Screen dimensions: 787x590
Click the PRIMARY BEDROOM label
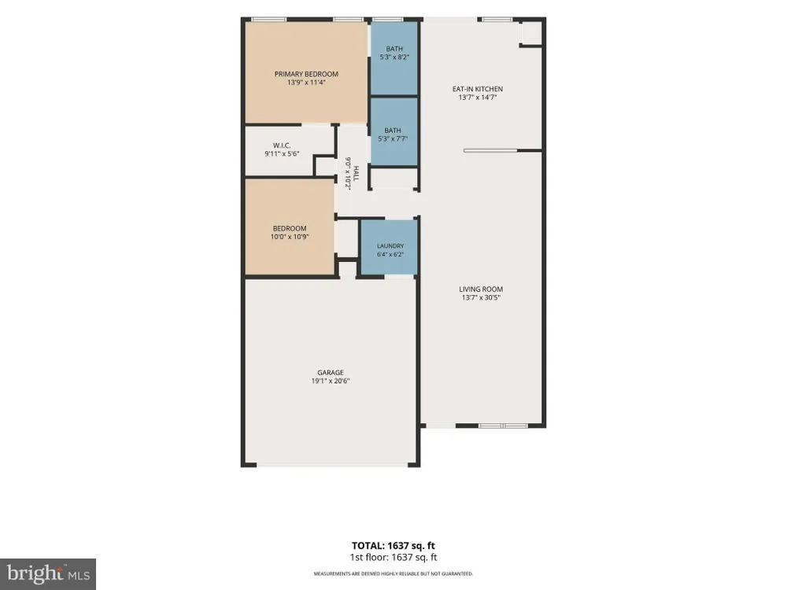coord(306,74)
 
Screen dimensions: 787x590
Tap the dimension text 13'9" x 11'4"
coord(306,83)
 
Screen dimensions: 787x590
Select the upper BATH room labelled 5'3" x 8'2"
coord(394,58)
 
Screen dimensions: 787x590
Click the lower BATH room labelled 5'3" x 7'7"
coord(394,131)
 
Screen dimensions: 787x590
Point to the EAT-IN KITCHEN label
coord(478,90)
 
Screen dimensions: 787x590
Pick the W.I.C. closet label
coord(282,146)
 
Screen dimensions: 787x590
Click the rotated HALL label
coord(356,174)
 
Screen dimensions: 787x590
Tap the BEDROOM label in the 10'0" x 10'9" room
coord(290,229)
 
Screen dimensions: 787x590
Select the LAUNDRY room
coord(390,247)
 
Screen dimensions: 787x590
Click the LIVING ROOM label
coord(481,289)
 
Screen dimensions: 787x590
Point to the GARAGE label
coord(331,373)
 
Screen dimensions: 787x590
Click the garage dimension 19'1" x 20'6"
coord(331,382)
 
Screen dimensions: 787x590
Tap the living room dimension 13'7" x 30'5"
coord(481,298)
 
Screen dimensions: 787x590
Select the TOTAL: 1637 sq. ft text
coord(393,546)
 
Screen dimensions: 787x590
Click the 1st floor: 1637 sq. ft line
coord(393,558)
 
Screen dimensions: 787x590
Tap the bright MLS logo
coord(48,574)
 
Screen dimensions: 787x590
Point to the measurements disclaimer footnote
coord(393,574)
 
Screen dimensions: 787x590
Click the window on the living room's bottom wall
coord(503,426)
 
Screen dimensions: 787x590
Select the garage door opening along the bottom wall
coord(332,465)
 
